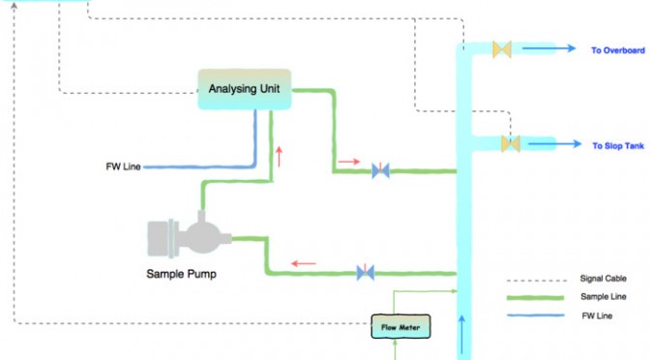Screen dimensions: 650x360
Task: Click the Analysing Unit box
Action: pyautogui.click(x=245, y=89)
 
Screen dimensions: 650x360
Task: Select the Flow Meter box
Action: pyautogui.click(x=400, y=326)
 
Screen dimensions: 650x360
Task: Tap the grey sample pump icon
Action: pyautogui.click(x=189, y=235)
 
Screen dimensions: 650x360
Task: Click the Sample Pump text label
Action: pyautogui.click(x=182, y=274)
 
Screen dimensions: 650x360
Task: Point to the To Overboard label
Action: pyautogui.click(x=618, y=50)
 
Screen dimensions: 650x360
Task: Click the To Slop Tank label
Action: pyautogui.click(x=618, y=145)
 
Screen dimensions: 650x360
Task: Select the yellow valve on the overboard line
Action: pyautogui.click(x=502, y=49)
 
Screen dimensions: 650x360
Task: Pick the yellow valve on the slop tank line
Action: pyautogui.click(x=511, y=144)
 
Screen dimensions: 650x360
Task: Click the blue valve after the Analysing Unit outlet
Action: pyautogui.click(x=380, y=170)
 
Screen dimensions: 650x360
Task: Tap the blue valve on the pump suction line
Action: pyautogui.click(x=366, y=273)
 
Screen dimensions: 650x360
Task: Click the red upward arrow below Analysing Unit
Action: pyautogui.click(x=279, y=157)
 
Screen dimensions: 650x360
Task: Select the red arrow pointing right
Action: pyautogui.click(x=349, y=162)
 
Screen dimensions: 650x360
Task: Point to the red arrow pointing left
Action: pyautogui.click(x=304, y=263)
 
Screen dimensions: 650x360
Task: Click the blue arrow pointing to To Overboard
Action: pyautogui.click(x=548, y=48)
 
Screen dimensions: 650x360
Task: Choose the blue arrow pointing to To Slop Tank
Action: pyautogui.click(x=554, y=144)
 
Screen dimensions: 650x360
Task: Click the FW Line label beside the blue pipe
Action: pyautogui.click(x=123, y=166)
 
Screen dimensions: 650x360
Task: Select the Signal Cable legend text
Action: pyautogui.click(x=604, y=279)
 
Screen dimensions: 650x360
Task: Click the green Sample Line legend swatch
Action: pyautogui.click(x=535, y=297)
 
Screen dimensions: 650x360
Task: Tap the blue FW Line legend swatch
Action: pyautogui.click(x=535, y=315)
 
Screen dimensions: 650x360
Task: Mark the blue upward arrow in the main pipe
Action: pyautogui.click(x=461, y=337)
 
